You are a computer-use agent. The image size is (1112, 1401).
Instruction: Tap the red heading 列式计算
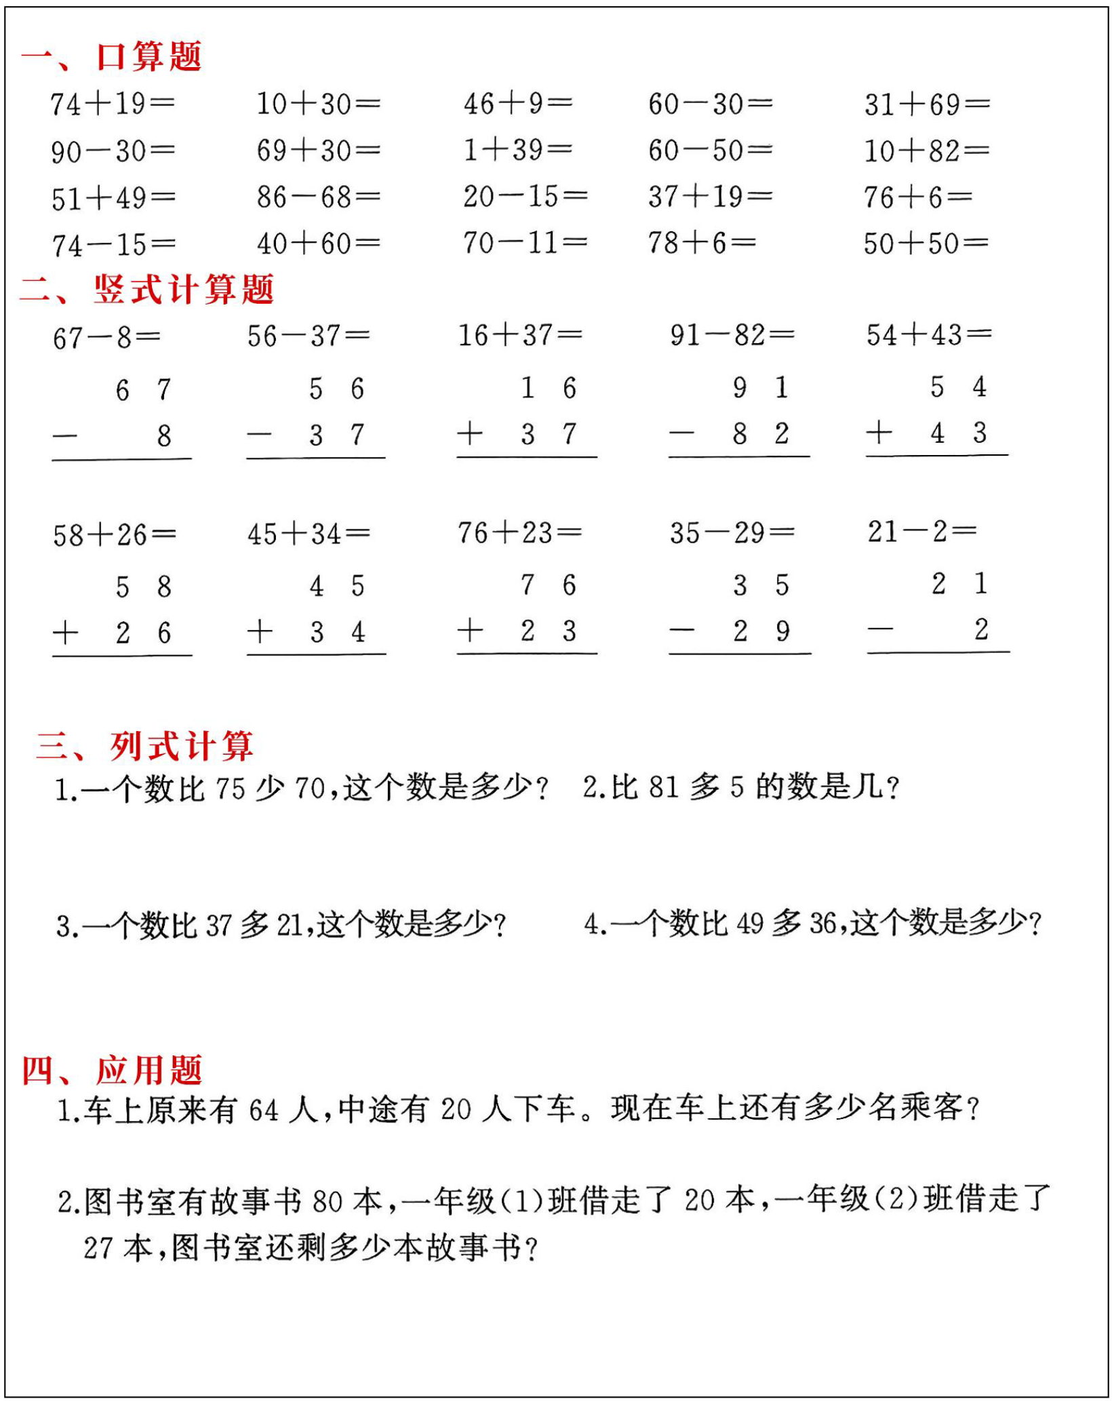pyautogui.click(x=182, y=746)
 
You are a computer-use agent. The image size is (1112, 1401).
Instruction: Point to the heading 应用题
pyautogui.click(x=149, y=1070)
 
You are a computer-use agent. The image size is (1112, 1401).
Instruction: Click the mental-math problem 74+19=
pyautogui.click(x=113, y=104)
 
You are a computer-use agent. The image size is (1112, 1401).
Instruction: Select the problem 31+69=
pyautogui.click(x=926, y=104)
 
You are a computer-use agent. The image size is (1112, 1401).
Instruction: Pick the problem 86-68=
pyautogui.click(x=318, y=197)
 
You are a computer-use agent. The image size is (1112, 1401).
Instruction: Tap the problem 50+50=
pyautogui.click(x=926, y=243)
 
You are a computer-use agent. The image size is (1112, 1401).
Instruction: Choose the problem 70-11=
pyautogui.click(x=525, y=243)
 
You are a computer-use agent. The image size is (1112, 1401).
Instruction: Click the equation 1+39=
pyautogui.click(x=517, y=150)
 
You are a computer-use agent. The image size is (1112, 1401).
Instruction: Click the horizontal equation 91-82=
pyautogui.click(x=732, y=335)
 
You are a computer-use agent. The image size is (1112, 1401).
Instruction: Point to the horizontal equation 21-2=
pyautogui.click(x=922, y=532)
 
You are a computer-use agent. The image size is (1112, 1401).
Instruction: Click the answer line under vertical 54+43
pyautogui.click(x=936, y=455)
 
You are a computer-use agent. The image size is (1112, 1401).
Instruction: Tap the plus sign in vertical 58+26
pyautogui.click(x=66, y=633)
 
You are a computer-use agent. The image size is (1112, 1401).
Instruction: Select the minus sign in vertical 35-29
pyautogui.click(x=681, y=631)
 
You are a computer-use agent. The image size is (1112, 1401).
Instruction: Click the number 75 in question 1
pyautogui.click(x=230, y=789)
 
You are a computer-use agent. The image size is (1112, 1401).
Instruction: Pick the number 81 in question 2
pyautogui.click(x=663, y=787)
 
